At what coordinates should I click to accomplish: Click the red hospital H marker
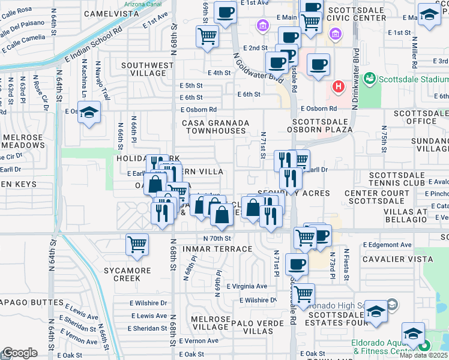click(x=339, y=87)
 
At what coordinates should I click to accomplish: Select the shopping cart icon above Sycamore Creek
click(x=137, y=245)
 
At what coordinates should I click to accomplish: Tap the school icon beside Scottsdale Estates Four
click(x=375, y=313)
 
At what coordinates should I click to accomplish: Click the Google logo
click(x=20, y=353)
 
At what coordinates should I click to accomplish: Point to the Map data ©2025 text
click(x=424, y=355)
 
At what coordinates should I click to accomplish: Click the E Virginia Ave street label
click(x=247, y=286)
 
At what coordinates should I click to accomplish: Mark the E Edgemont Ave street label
click(x=388, y=245)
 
